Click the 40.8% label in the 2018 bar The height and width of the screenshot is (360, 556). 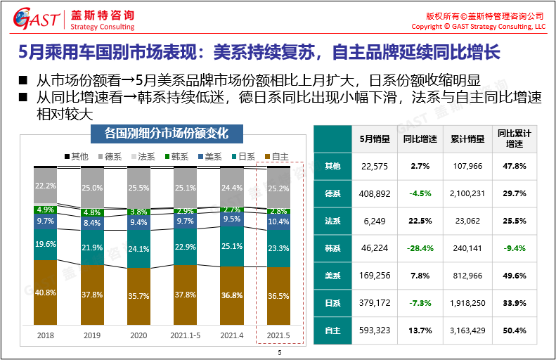(46, 292)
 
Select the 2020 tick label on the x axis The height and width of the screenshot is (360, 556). (138, 336)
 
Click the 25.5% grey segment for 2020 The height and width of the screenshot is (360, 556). (138, 188)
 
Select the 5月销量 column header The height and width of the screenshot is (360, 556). (373, 139)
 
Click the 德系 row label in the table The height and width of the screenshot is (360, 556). (332, 193)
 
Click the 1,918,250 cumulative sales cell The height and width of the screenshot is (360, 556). (467, 303)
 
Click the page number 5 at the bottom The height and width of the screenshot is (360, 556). (279, 352)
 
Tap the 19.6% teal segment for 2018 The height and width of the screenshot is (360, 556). (46, 244)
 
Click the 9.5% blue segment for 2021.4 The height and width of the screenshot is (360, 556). (231, 219)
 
